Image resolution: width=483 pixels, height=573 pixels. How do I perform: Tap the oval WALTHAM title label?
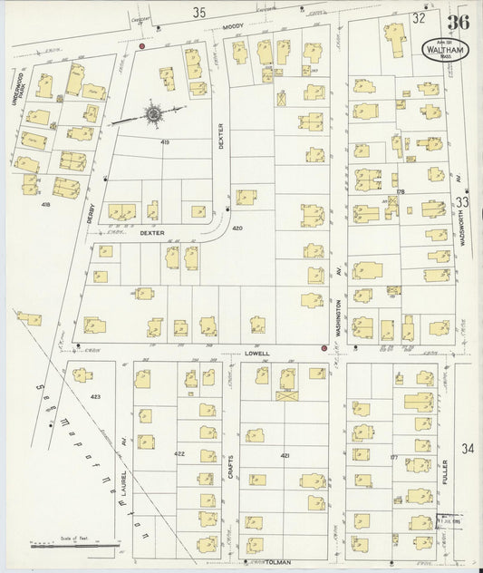click(x=445, y=46)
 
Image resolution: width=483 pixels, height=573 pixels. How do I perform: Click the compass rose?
click(x=153, y=114)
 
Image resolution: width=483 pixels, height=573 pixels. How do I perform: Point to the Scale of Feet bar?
click(x=74, y=546)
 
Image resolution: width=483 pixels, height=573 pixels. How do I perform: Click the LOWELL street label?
click(x=257, y=354)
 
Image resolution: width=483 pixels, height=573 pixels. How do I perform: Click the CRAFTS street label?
click(x=230, y=467)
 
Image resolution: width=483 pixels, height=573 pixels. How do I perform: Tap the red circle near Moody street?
click(x=142, y=44)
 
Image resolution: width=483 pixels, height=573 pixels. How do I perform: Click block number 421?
click(x=285, y=454)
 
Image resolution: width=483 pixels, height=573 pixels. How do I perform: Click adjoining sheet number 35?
click(x=200, y=12)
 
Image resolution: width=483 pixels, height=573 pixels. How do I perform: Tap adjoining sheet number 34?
click(x=466, y=449)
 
